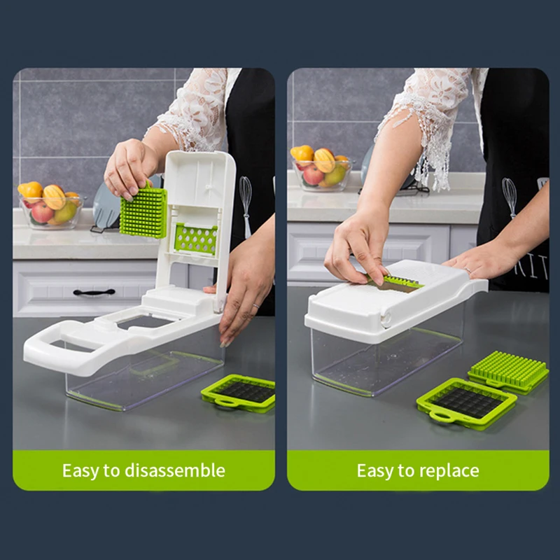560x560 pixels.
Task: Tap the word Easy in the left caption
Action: click(x=80, y=470)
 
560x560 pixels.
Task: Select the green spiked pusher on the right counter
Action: click(x=509, y=369)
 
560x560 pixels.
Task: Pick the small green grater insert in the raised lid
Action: click(x=195, y=238)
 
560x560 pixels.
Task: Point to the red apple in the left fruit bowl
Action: click(x=41, y=212)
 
